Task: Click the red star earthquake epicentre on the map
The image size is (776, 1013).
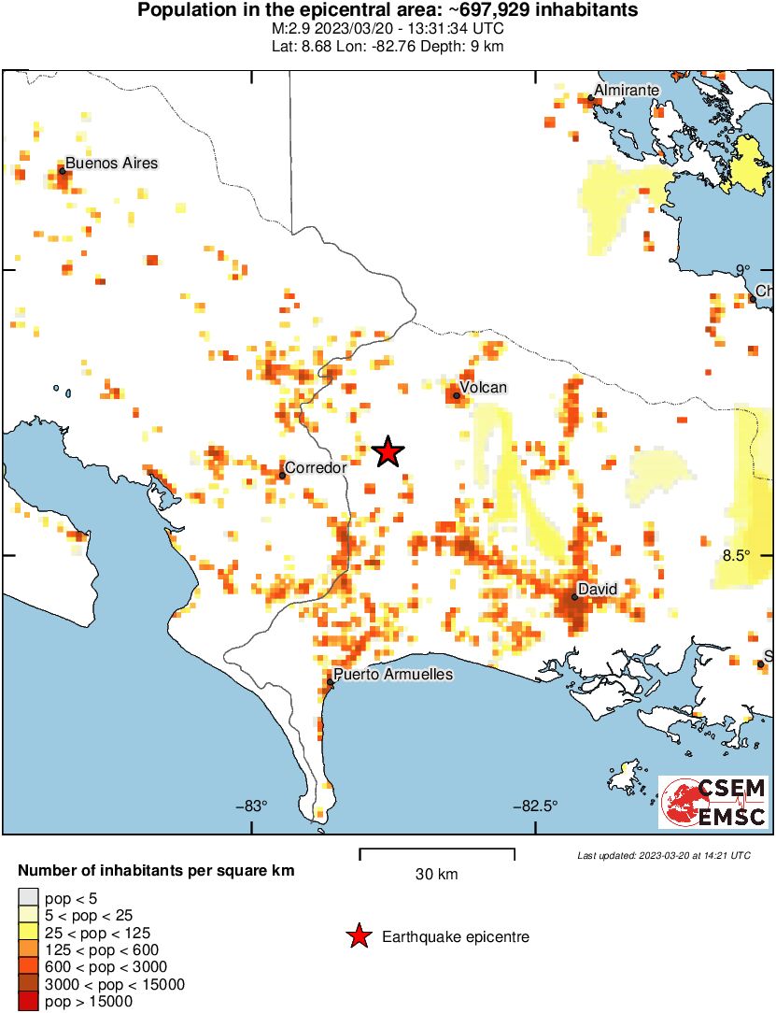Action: pos(388,452)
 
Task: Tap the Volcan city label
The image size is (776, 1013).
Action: pos(484,387)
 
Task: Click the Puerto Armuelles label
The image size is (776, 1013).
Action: pos(394,674)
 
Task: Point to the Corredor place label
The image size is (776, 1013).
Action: pos(316,467)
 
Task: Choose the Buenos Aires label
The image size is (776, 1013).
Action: pos(112,163)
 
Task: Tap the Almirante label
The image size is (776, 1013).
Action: pos(628,90)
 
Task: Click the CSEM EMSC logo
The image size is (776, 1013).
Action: pos(713,802)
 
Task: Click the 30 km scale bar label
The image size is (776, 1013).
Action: pos(436,875)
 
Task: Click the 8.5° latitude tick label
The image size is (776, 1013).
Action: pos(737,555)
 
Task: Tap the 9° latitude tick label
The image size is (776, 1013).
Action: pos(742,270)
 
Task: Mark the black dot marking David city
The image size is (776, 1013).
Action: pos(575,597)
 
